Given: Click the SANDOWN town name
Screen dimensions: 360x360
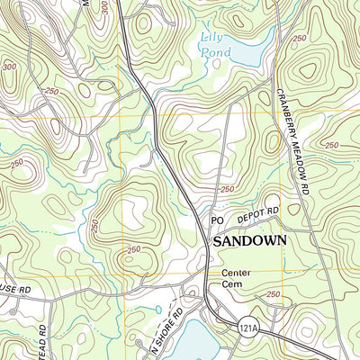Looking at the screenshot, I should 248,241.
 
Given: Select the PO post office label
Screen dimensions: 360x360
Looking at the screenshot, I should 216,220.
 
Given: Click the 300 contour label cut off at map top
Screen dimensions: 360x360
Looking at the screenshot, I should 104,6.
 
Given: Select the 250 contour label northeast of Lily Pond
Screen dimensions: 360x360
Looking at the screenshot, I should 299,38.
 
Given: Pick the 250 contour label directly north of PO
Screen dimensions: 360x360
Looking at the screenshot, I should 227,189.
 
